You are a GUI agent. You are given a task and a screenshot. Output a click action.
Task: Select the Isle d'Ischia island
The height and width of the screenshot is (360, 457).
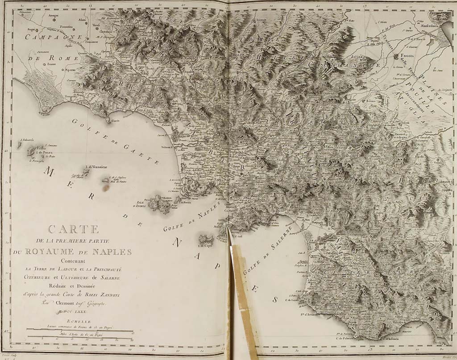click(158, 203)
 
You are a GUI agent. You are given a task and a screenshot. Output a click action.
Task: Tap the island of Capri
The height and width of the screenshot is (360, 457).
click(206, 239)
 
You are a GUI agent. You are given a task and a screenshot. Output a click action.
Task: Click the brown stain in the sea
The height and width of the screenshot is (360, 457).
click(106, 187)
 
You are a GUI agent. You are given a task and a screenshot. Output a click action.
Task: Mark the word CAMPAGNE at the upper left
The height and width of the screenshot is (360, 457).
click(47, 38)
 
